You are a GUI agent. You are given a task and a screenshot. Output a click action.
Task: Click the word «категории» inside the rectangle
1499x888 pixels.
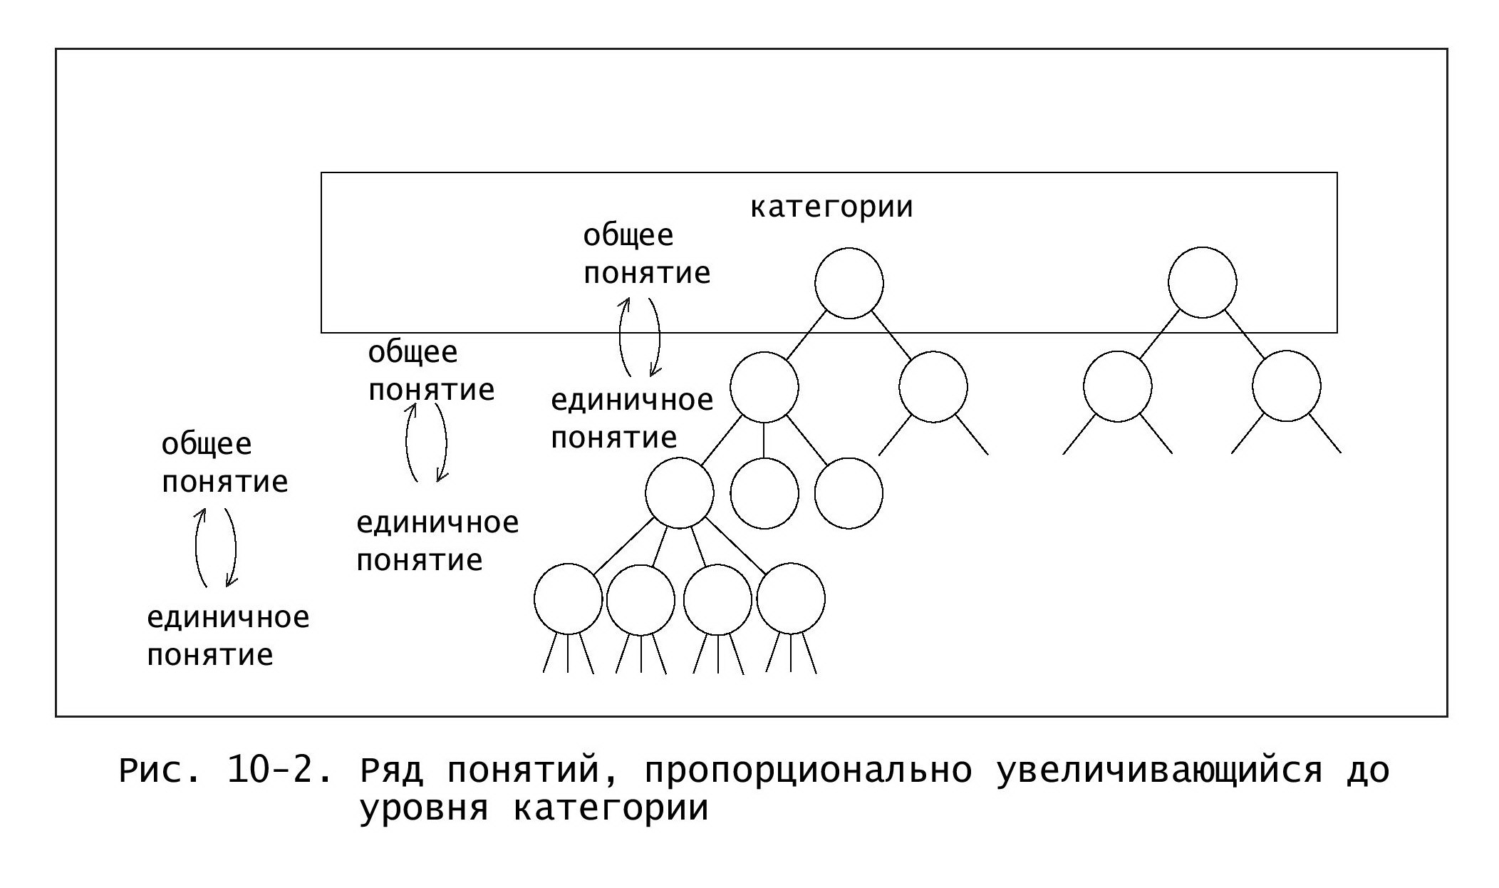pos(831,207)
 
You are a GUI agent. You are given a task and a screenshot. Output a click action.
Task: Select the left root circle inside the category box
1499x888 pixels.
pos(849,283)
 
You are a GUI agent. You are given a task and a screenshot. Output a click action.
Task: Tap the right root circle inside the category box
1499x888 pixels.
pos(1202,282)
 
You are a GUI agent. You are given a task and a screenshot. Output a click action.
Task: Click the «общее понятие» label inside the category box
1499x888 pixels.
pos(646,254)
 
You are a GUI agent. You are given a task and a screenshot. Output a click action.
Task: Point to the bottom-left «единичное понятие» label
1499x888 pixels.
pos(228,636)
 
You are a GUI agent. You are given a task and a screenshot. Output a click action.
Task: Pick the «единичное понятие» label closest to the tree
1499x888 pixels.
pos(632,419)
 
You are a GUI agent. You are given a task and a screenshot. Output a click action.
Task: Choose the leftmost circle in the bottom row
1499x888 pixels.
pos(569,599)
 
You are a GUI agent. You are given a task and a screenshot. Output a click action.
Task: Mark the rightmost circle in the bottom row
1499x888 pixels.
pos(791,599)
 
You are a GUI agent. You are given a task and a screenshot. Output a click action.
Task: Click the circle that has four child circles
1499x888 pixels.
pos(680,493)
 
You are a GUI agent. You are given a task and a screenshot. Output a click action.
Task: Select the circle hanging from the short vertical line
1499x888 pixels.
pos(764,493)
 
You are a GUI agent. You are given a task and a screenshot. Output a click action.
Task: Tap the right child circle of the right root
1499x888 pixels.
pos(1286,386)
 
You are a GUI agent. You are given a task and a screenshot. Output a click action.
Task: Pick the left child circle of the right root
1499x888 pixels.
pos(1117,386)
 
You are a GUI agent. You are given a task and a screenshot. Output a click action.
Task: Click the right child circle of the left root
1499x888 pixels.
pos(933,387)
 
